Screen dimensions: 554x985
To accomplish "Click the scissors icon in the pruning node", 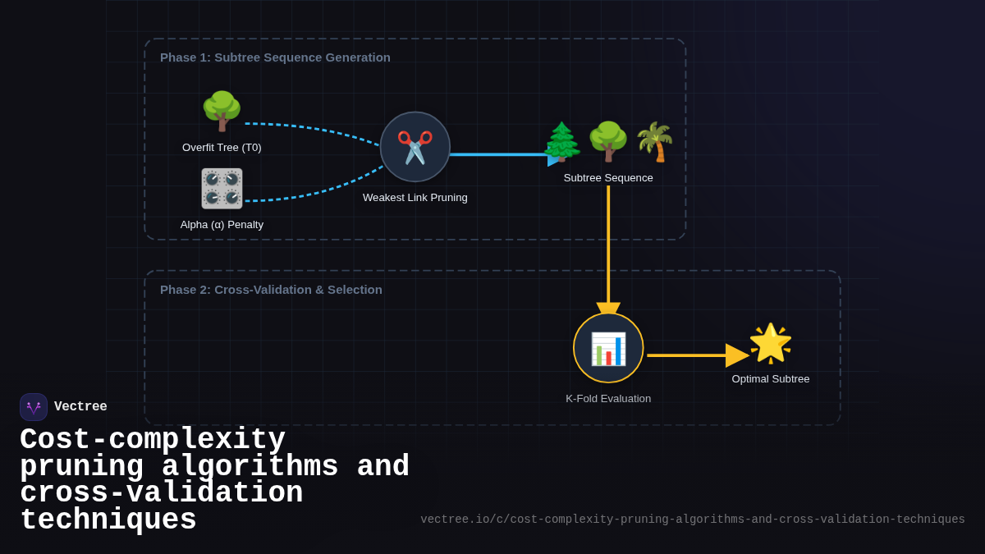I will (415, 147).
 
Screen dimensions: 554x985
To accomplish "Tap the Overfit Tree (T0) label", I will (222, 148).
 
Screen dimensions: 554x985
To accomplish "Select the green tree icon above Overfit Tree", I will (222, 111).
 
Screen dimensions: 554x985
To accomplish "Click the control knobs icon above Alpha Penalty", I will (222, 189).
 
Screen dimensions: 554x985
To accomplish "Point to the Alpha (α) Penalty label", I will (222, 225).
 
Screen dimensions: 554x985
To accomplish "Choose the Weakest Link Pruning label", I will (415, 198).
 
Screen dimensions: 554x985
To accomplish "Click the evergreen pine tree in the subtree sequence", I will (562, 142).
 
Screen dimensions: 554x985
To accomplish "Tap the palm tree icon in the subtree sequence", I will (654, 142).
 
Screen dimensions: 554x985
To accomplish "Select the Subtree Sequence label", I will (608, 178).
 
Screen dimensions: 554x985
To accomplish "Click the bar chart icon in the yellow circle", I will (608, 349).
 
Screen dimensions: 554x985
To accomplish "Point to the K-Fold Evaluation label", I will (608, 399).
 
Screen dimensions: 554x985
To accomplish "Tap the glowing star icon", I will (770, 343).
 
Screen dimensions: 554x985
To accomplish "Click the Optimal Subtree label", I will (770, 379).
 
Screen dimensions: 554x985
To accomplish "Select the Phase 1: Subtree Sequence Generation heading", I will (275, 57).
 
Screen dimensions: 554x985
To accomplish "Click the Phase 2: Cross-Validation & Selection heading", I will (271, 290).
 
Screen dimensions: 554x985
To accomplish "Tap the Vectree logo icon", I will (34, 407).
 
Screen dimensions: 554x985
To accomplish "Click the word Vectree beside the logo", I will (80, 407).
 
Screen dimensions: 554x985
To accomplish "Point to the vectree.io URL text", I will (692, 520).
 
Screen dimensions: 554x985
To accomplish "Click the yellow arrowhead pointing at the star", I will (736, 355).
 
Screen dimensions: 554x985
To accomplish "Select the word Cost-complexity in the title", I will (153, 440).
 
